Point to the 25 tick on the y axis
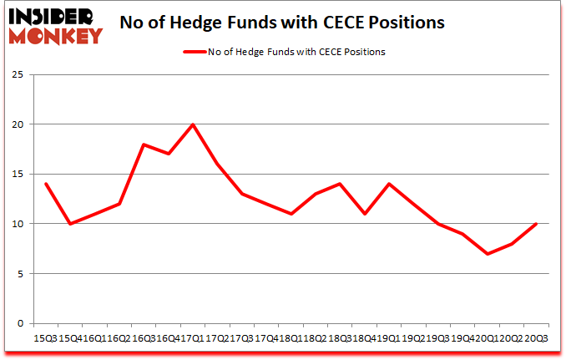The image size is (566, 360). [16, 74]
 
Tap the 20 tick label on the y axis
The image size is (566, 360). [16, 124]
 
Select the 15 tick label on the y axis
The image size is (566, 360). [16, 175]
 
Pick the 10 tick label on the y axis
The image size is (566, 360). [16, 224]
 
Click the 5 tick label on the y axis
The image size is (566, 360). [19, 274]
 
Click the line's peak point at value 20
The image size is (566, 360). [193, 124]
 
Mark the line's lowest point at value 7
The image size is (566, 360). [487, 254]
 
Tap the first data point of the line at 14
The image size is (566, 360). [45, 184]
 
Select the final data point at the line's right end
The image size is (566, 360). [536, 224]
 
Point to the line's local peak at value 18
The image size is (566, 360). [144, 145]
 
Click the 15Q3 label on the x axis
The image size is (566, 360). [45, 338]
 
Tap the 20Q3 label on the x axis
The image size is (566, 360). [536, 338]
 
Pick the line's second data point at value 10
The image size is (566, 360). [70, 224]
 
